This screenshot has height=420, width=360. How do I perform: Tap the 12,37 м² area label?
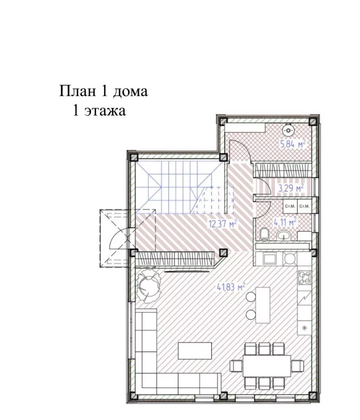click(223, 223)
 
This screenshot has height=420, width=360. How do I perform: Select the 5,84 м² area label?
click(293, 144)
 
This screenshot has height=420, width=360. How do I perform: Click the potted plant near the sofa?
click(148, 285)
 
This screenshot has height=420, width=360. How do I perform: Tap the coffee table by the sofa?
click(195, 351)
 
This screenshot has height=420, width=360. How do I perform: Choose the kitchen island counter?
click(263, 305)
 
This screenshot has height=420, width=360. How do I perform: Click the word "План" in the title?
click(77, 91)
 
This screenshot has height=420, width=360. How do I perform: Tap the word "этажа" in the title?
click(105, 110)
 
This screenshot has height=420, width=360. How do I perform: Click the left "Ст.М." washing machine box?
click(290, 206)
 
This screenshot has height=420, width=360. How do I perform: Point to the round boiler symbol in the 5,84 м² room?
click(288, 130)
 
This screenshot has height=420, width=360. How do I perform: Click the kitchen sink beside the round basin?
click(268, 259)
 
